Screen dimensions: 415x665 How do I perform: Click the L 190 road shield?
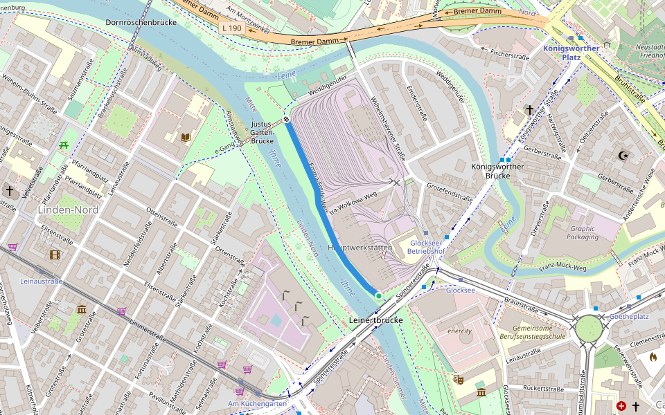pyautogui.click(x=232, y=28)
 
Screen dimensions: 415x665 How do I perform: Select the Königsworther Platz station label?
pyautogui.click(x=571, y=53)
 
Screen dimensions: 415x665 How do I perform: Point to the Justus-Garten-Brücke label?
pyautogui.click(x=263, y=133)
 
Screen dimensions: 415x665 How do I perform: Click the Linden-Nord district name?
pyautogui.click(x=69, y=210)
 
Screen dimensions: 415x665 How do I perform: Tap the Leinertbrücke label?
pyautogui.click(x=376, y=321)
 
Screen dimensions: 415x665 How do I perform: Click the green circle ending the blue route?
pyautogui.click(x=379, y=296)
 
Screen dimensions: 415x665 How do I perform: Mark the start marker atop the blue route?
pyautogui.click(x=286, y=120)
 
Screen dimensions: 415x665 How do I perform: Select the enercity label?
pyautogui.click(x=459, y=331)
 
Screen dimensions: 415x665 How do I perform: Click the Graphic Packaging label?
pyautogui.click(x=583, y=232)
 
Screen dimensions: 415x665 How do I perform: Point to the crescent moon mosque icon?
pyautogui.click(x=623, y=156)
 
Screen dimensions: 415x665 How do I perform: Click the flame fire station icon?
pyautogui.click(x=653, y=357)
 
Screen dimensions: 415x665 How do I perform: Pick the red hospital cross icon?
pyautogui.click(x=621, y=406)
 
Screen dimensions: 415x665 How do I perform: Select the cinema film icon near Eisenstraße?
pyautogui.click(x=55, y=255)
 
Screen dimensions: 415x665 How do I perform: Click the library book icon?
pyautogui.click(x=185, y=138)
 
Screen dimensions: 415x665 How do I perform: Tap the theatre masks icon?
pyautogui.click(x=458, y=379)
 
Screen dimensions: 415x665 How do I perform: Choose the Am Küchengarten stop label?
pyautogui.click(x=256, y=403)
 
